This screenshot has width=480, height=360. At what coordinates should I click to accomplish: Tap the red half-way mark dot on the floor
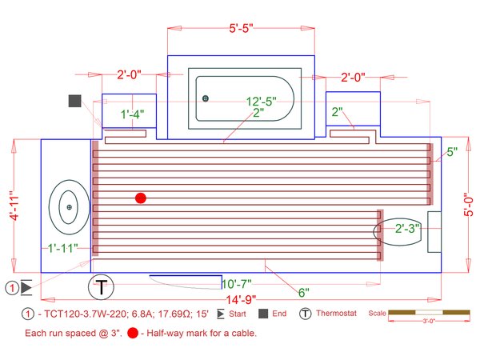(141, 198)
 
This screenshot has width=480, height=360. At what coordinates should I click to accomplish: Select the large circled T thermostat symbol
(102, 286)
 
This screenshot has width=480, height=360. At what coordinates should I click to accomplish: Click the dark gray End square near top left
(75, 101)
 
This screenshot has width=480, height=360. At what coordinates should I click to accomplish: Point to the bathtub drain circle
(206, 98)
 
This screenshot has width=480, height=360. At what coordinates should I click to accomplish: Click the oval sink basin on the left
(69, 207)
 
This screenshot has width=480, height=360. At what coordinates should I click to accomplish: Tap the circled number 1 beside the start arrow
(13, 286)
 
